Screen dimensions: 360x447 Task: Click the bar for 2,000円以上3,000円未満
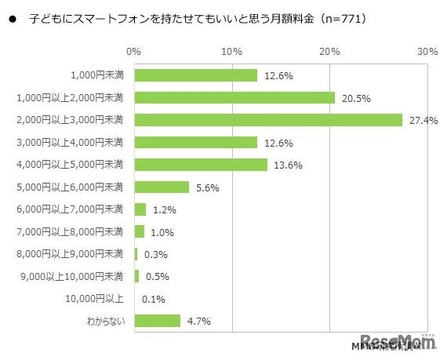pyautogui.click(x=268, y=120)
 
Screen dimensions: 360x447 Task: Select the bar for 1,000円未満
pyautogui.click(x=196, y=75)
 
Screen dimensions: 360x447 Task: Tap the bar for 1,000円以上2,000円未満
pyautogui.click(x=234, y=98)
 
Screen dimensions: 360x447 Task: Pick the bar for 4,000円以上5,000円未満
pyautogui.click(x=201, y=165)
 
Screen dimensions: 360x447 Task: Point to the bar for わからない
pyautogui.click(x=158, y=320)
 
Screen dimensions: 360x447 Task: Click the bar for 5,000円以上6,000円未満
pyautogui.click(x=162, y=187)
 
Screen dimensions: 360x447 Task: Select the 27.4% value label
pyautogui.click(x=423, y=120)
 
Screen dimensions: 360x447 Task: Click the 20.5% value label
pyautogui.click(x=355, y=98)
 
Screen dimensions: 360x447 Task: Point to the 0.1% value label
pyautogui.click(x=154, y=298)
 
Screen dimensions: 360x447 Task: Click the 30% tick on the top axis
pyautogui.click(x=427, y=52)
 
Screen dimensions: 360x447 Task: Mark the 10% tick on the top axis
pyautogui.click(x=231, y=52)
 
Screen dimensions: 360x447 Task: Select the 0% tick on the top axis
pyautogui.click(x=134, y=52)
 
